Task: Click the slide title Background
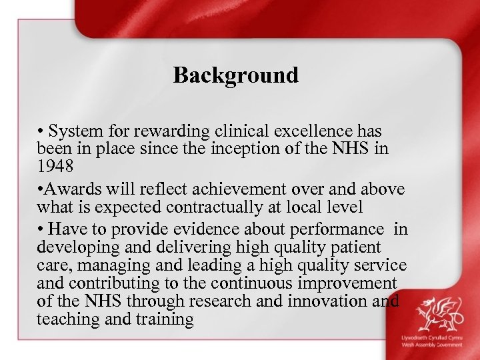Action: coord(236,75)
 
